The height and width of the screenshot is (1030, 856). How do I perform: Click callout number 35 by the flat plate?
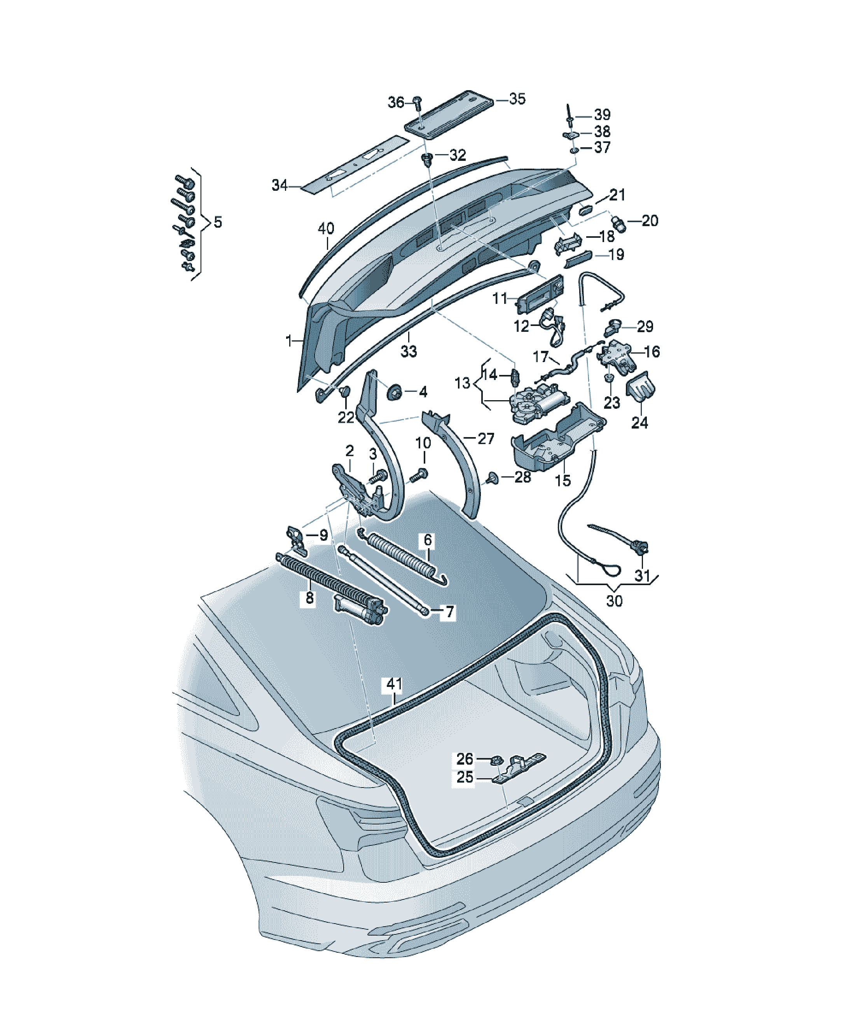tap(517, 99)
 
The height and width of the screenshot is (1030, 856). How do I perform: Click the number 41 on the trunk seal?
tap(394, 684)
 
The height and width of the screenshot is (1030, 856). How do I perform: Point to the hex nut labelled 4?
tap(394, 392)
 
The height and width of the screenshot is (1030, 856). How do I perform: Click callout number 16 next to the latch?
tap(652, 352)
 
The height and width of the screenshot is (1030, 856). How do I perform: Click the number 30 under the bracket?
tap(614, 601)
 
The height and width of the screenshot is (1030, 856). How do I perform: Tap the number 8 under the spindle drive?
tap(309, 598)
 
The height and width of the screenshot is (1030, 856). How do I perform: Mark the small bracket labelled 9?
tap(297, 540)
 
